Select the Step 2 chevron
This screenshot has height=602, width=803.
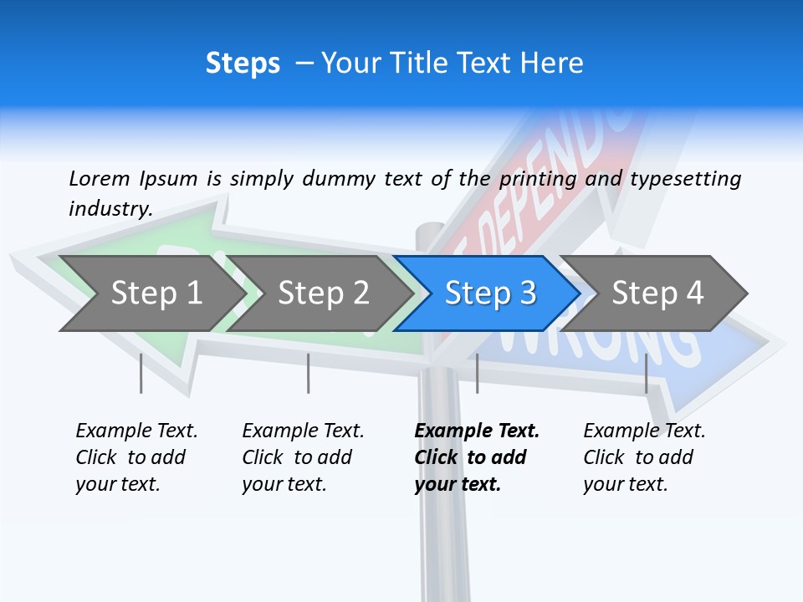(323, 293)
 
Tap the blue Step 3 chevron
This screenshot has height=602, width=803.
(489, 293)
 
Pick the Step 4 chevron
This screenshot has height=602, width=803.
(657, 293)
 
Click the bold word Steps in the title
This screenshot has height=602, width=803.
(243, 64)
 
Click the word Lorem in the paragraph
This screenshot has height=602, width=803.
(99, 178)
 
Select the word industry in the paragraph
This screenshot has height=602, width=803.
(110, 208)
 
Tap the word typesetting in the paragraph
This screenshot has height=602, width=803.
(685, 178)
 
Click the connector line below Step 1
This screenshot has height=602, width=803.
(141, 373)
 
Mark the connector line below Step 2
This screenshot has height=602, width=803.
(309, 373)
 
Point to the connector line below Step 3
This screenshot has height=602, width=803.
(477, 373)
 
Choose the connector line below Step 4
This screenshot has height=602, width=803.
(646, 373)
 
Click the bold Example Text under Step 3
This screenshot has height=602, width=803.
(477, 431)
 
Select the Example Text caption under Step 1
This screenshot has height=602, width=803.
(136, 431)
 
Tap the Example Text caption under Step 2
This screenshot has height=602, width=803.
(303, 431)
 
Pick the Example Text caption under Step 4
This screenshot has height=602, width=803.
(644, 431)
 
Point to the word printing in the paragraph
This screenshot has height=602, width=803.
(538, 178)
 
